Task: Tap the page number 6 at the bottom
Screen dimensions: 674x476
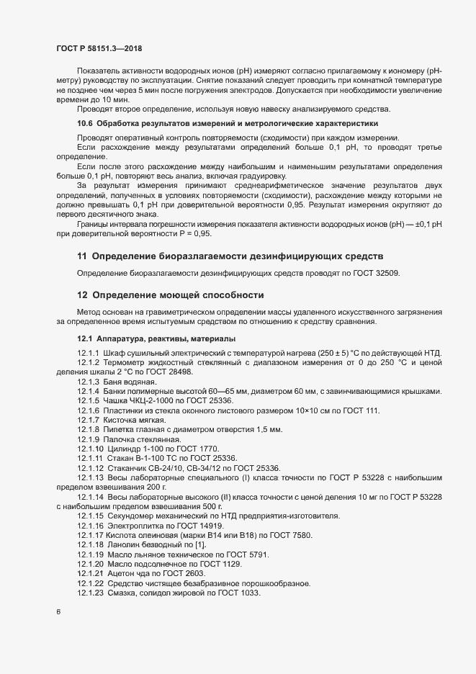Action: pos(58,613)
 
